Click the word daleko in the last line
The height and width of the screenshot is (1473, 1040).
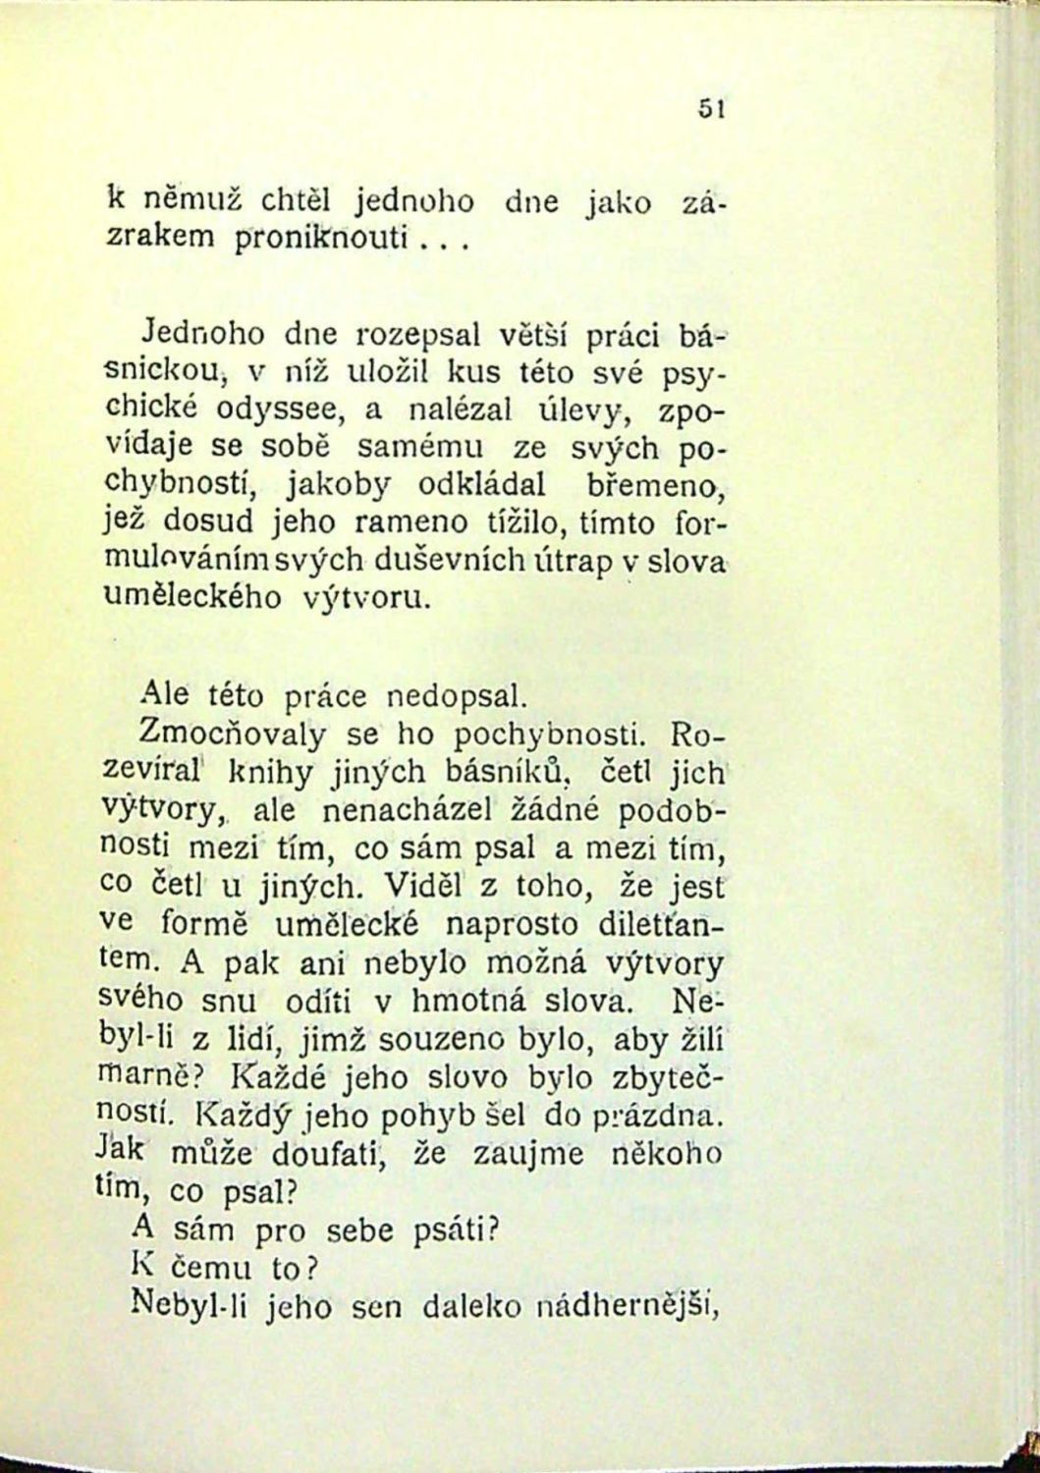468,1306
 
